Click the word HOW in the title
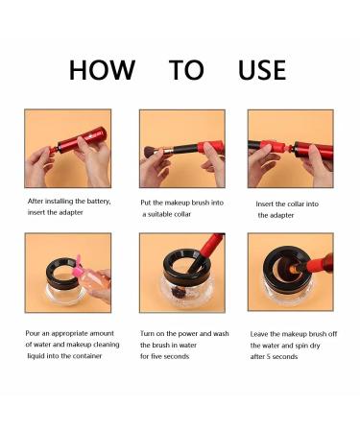[102, 70]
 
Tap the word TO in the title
[186, 70]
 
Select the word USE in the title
[262, 70]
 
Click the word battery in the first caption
[97, 202]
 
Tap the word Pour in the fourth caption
[33, 333]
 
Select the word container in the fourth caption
[87, 356]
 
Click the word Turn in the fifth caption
[147, 334]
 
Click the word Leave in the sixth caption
[259, 334]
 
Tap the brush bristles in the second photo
[150, 152]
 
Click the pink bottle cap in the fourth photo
[77, 271]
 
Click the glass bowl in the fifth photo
[187, 291]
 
